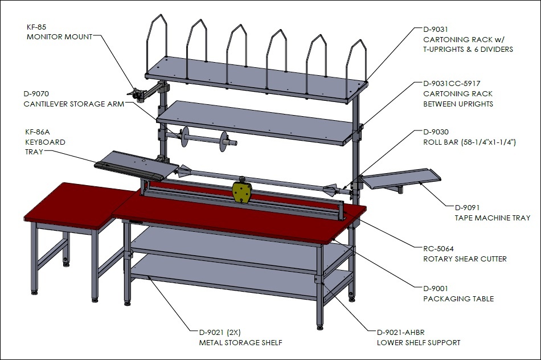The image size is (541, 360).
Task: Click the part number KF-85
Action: click(36, 27)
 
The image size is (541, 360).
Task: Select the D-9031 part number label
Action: click(436, 30)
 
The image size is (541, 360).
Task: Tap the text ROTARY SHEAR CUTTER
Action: click(465, 259)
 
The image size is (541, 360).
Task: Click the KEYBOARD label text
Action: click(45, 142)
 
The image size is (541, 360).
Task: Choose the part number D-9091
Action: click(467, 208)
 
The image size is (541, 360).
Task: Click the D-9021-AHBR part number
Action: click(400, 333)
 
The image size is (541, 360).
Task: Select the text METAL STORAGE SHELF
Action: click(240, 343)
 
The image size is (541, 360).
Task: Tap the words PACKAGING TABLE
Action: click(458, 299)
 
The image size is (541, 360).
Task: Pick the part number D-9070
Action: click(36, 94)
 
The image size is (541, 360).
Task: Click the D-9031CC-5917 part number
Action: click(452, 84)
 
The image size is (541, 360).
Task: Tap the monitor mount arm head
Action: click(137, 94)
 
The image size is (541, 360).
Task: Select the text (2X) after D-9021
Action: click(233, 333)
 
